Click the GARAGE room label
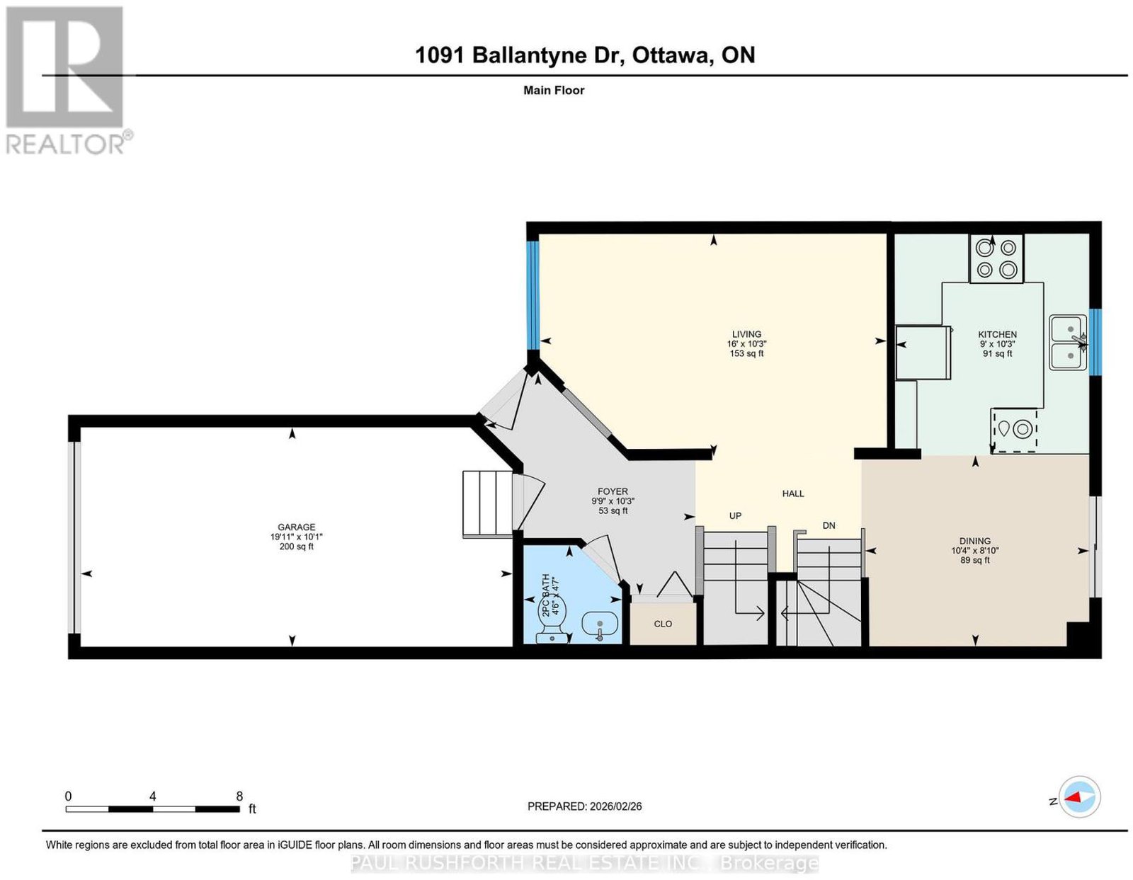[296, 527]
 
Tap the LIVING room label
[746, 334]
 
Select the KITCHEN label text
[997, 334]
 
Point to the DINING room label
[974, 541]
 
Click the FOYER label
[613, 491]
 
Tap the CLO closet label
[663, 624]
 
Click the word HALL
[792, 493]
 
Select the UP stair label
[735, 516]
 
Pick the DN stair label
[829, 526]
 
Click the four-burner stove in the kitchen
[996, 258]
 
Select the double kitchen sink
[1068, 343]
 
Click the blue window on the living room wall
[532, 296]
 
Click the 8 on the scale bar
[239, 796]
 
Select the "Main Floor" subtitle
[554, 90]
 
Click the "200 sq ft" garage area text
[296, 547]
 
